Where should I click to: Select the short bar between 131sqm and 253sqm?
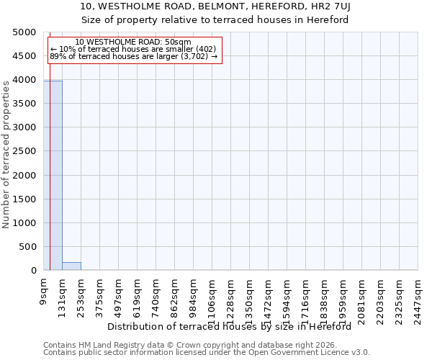coord(71,266)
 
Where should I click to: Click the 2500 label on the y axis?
coord(24,151)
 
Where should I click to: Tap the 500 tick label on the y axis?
coord(27,247)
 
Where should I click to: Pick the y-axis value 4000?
coord(24,80)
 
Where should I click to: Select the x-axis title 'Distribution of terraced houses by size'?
coord(234,326)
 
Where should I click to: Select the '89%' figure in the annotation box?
coord(57,55)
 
